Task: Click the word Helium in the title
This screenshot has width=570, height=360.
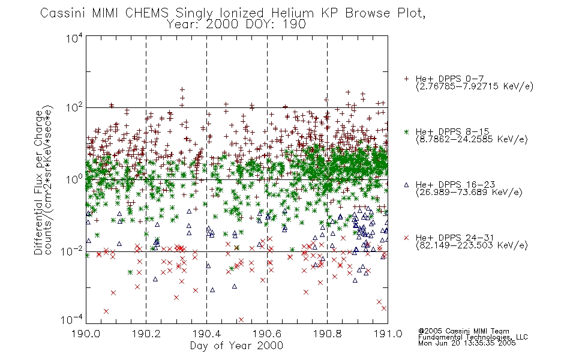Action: coord(292,13)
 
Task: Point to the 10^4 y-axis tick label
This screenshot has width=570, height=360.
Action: coord(74,38)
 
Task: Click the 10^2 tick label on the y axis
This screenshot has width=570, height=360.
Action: coord(74,108)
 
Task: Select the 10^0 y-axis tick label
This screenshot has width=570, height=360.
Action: coord(74,179)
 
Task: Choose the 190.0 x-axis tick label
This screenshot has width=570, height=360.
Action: coord(86,334)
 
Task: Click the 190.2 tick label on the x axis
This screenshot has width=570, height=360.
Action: coord(146,334)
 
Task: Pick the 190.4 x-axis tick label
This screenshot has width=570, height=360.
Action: coord(206,334)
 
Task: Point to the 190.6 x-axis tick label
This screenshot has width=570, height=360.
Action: coord(267,334)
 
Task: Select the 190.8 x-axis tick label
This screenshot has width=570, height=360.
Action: coord(327,334)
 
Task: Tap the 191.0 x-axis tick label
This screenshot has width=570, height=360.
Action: coord(388,334)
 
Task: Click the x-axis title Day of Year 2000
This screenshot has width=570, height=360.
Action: coord(236,346)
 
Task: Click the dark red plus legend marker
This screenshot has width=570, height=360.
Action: coord(406,79)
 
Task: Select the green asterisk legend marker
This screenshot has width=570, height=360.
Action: coord(406,131)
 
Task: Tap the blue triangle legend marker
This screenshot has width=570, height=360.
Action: coord(406,185)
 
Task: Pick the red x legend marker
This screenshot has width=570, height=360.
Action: coord(406,238)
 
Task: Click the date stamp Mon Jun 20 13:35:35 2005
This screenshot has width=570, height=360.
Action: coord(467,343)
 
